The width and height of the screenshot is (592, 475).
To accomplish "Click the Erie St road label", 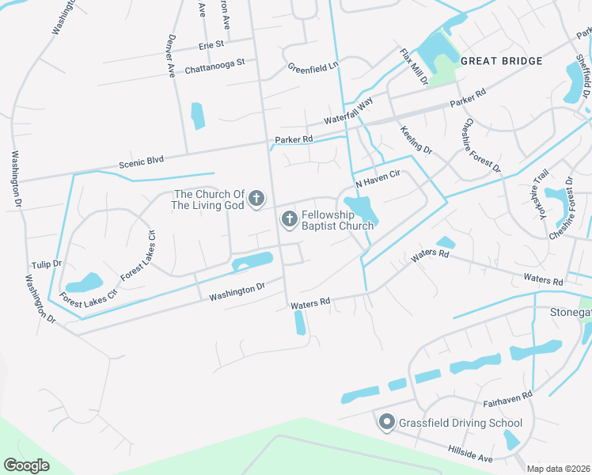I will [x=211, y=45].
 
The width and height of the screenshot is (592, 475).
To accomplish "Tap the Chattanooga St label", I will [x=215, y=63].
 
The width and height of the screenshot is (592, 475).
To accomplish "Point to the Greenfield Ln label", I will [x=313, y=67].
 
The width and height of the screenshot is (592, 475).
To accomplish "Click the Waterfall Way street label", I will [x=348, y=112].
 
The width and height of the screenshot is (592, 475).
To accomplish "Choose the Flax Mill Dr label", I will [x=414, y=67].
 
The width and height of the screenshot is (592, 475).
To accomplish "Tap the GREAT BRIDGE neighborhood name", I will [x=501, y=61].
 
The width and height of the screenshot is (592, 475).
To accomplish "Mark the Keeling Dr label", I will [x=416, y=139].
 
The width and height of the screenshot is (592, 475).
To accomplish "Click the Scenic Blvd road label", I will [x=141, y=161].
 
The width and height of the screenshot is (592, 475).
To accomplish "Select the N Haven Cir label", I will [x=379, y=181].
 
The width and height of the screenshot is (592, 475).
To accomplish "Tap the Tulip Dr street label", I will [x=46, y=263].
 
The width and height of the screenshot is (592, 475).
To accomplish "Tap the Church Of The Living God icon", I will [x=256, y=199].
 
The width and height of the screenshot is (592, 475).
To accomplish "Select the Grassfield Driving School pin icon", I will [x=386, y=423].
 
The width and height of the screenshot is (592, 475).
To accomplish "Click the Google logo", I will [x=27, y=465].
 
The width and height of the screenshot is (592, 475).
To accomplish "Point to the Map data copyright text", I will [x=558, y=469].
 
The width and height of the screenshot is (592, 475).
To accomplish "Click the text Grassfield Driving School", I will [x=461, y=423].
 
